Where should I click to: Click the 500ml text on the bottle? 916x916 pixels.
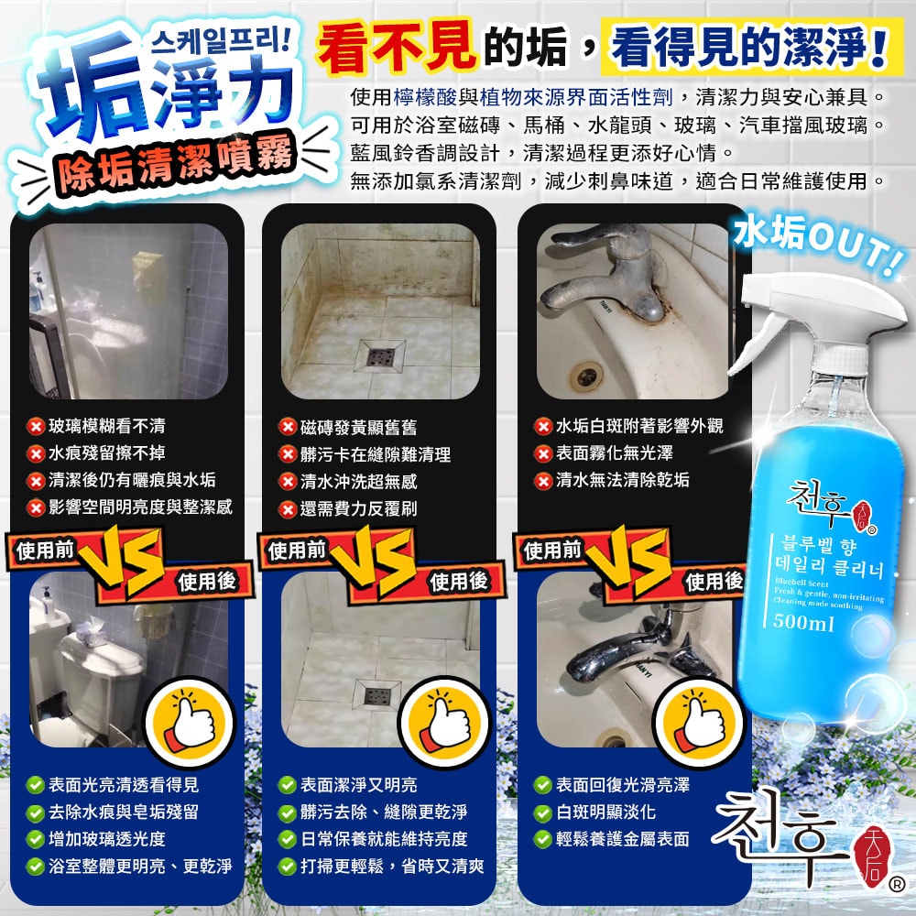pos(803,625)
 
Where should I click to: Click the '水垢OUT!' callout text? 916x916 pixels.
pos(817,239)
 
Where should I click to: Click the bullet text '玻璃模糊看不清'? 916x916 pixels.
pos(107,426)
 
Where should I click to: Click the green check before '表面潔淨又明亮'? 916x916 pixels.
pos(289,785)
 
